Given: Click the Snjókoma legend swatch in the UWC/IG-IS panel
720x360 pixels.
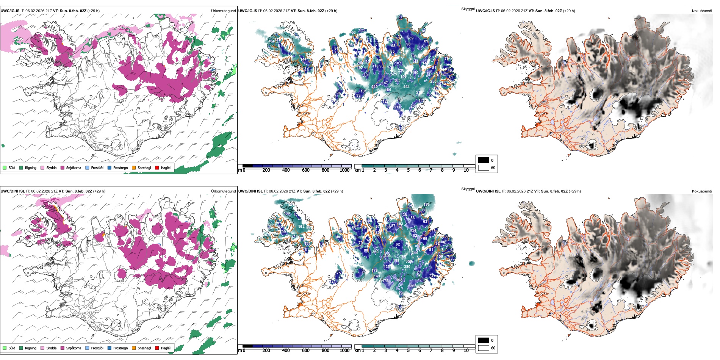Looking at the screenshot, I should [63, 167].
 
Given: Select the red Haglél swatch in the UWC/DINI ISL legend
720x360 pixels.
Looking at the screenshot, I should [157, 348].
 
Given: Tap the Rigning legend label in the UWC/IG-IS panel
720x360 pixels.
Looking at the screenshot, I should [31, 167].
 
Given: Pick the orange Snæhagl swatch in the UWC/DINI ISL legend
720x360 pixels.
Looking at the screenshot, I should [134, 348].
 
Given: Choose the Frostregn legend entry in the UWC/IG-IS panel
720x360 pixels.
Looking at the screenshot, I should [120, 167].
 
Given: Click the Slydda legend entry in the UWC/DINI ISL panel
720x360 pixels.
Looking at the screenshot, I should [51, 348].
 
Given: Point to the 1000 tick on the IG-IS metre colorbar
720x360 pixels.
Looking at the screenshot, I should [344, 170].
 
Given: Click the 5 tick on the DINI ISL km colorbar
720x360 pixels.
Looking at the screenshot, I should [409, 351].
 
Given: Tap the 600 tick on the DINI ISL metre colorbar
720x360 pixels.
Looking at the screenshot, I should [306, 351].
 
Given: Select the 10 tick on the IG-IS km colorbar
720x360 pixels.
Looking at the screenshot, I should [466, 170].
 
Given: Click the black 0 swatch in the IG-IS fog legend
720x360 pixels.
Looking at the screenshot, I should [484, 160].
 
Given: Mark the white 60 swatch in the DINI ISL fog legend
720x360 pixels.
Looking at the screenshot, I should [484, 348].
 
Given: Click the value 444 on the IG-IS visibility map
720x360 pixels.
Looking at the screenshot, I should [406, 87].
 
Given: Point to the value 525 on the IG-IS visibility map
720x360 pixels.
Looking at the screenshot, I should [394, 74].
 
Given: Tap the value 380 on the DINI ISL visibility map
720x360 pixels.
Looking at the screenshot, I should [407, 267].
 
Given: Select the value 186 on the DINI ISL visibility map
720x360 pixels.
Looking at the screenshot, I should [426, 205].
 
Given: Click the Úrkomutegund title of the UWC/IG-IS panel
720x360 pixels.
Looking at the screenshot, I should [223, 11].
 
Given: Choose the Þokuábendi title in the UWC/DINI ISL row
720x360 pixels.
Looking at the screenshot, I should [702, 191].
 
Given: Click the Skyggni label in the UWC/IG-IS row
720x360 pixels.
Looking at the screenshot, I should [468, 9].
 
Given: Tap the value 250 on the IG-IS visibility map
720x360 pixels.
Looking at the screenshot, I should [433, 81].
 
